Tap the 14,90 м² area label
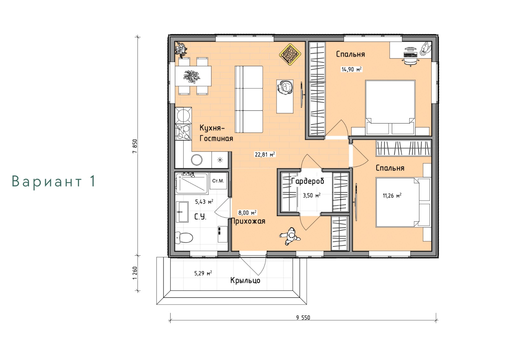tap(351, 69)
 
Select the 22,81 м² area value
tap(265, 154)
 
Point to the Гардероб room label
tap(307, 181)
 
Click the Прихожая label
tap(248, 221)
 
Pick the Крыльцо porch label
tap(245, 280)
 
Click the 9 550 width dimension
tap(303, 317)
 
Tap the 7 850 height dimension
tap(135, 146)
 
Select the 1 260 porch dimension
tap(135, 273)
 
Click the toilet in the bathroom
tap(184, 238)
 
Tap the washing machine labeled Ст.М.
tap(218, 181)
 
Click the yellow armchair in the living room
tap(290, 54)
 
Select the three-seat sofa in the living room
tap(249, 99)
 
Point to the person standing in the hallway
tap(290, 236)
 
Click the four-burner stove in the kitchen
tap(183, 132)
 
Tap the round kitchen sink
tap(197, 160)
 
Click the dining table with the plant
tap(193, 76)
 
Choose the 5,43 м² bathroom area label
tap(204, 201)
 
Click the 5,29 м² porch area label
tap(203, 273)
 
